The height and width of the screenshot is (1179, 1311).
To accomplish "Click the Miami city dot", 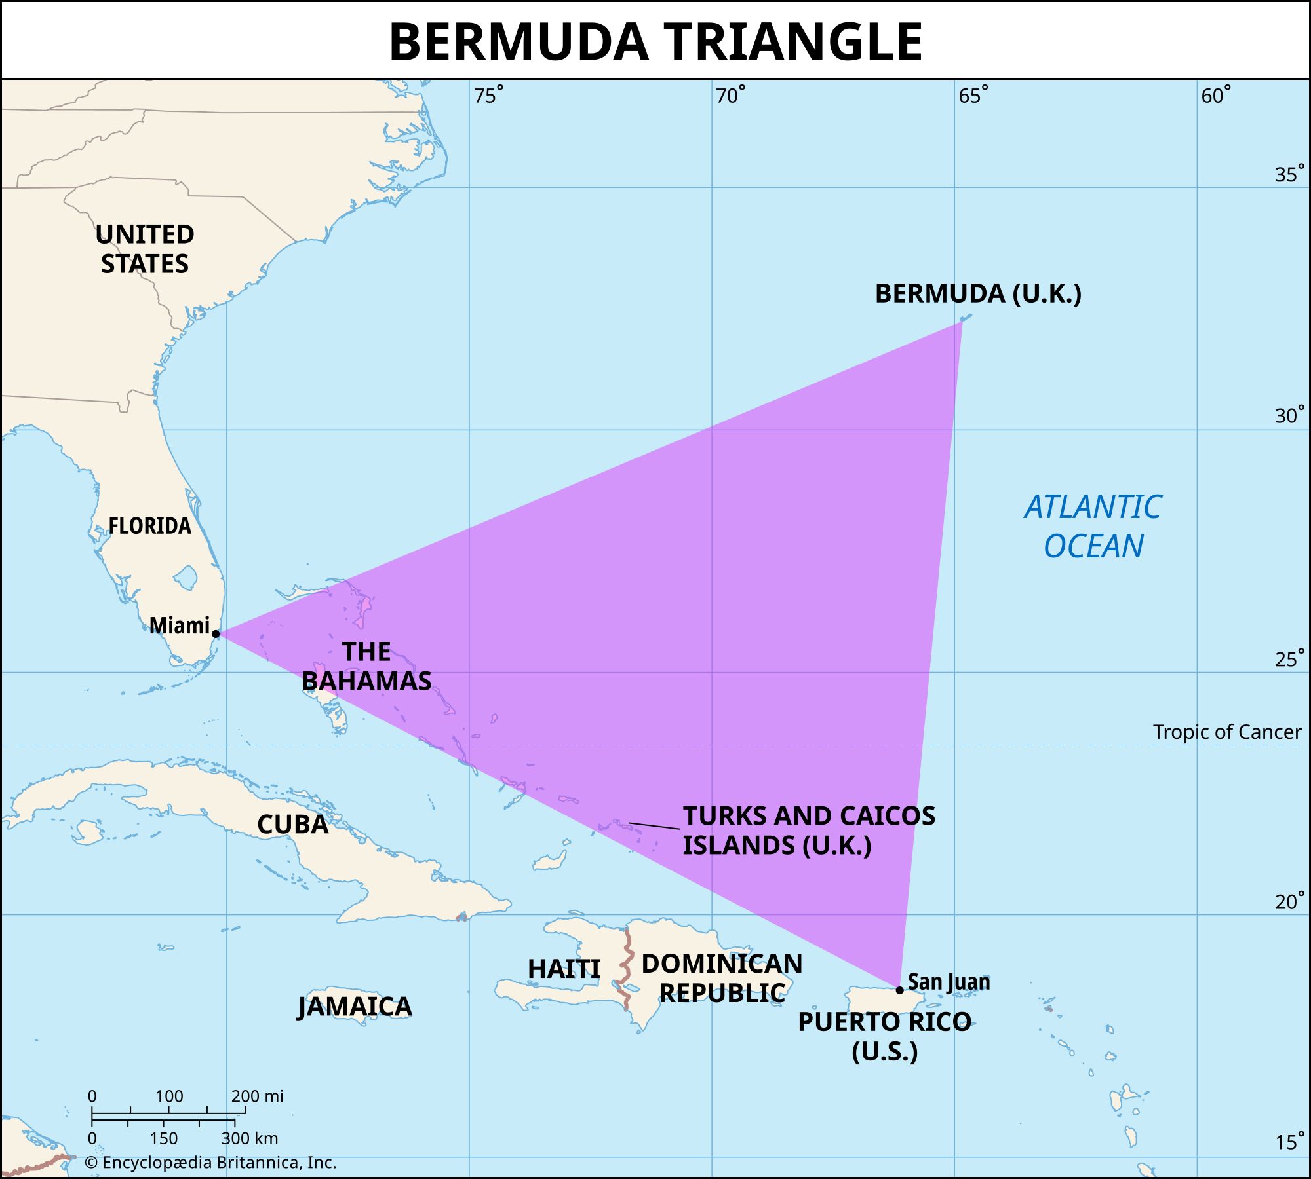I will (x=216, y=633).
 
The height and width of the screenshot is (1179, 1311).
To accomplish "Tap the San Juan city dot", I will (x=900, y=990).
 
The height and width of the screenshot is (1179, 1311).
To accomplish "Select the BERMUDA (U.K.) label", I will (x=977, y=293).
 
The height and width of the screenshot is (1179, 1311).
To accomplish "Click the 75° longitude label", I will (x=488, y=96).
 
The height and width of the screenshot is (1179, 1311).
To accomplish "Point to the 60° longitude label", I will (x=1215, y=96).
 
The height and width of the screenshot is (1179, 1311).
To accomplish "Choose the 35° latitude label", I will (x=1288, y=174).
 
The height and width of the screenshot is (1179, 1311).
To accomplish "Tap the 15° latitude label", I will (x=1288, y=1142).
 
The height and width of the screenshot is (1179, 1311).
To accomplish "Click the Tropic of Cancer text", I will (x=1226, y=732).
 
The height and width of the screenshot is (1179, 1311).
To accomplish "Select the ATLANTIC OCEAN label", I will (x=1093, y=527).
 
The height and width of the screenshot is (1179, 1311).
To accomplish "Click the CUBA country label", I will (x=292, y=824).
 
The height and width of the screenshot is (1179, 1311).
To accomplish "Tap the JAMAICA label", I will (x=355, y=1007).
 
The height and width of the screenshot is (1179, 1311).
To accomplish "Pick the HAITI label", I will (x=564, y=969).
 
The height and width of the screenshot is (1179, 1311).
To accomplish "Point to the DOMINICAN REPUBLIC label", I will (x=722, y=978).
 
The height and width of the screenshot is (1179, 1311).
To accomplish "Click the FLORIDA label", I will (x=149, y=525).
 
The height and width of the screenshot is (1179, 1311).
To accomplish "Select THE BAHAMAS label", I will (x=366, y=666).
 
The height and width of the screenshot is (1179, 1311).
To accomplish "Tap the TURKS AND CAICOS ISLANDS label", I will (x=808, y=831).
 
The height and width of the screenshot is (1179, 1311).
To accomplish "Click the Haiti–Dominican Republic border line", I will (x=627, y=963).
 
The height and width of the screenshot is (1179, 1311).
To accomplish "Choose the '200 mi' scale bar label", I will (x=257, y=1096).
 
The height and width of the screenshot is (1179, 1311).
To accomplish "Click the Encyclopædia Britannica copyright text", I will (x=210, y=1163).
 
